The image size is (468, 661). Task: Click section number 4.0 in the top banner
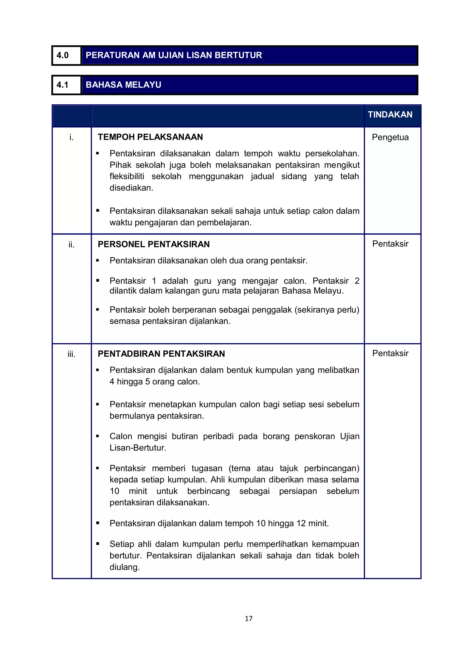(x=63, y=55)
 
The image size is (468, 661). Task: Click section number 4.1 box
(x=63, y=85)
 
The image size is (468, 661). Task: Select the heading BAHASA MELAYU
(x=123, y=85)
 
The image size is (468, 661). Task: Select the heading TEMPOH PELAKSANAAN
(x=150, y=137)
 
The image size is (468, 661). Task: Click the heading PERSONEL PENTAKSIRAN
(x=154, y=244)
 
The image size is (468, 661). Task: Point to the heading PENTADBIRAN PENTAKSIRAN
(x=161, y=354)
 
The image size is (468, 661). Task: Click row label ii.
(x=72, y=245)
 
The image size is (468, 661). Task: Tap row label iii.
(x=72, y=354)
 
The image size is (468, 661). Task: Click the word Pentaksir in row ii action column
(x=390, y=244)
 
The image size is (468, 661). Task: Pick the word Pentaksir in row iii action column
(x=390, y=353)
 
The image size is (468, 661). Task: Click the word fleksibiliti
(x=127, y=176)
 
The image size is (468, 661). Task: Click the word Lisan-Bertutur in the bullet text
(x=138, y=448)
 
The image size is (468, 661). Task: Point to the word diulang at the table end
(x=124, y=567)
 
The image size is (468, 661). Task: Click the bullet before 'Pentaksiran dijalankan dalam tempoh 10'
(x=98, y=523)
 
